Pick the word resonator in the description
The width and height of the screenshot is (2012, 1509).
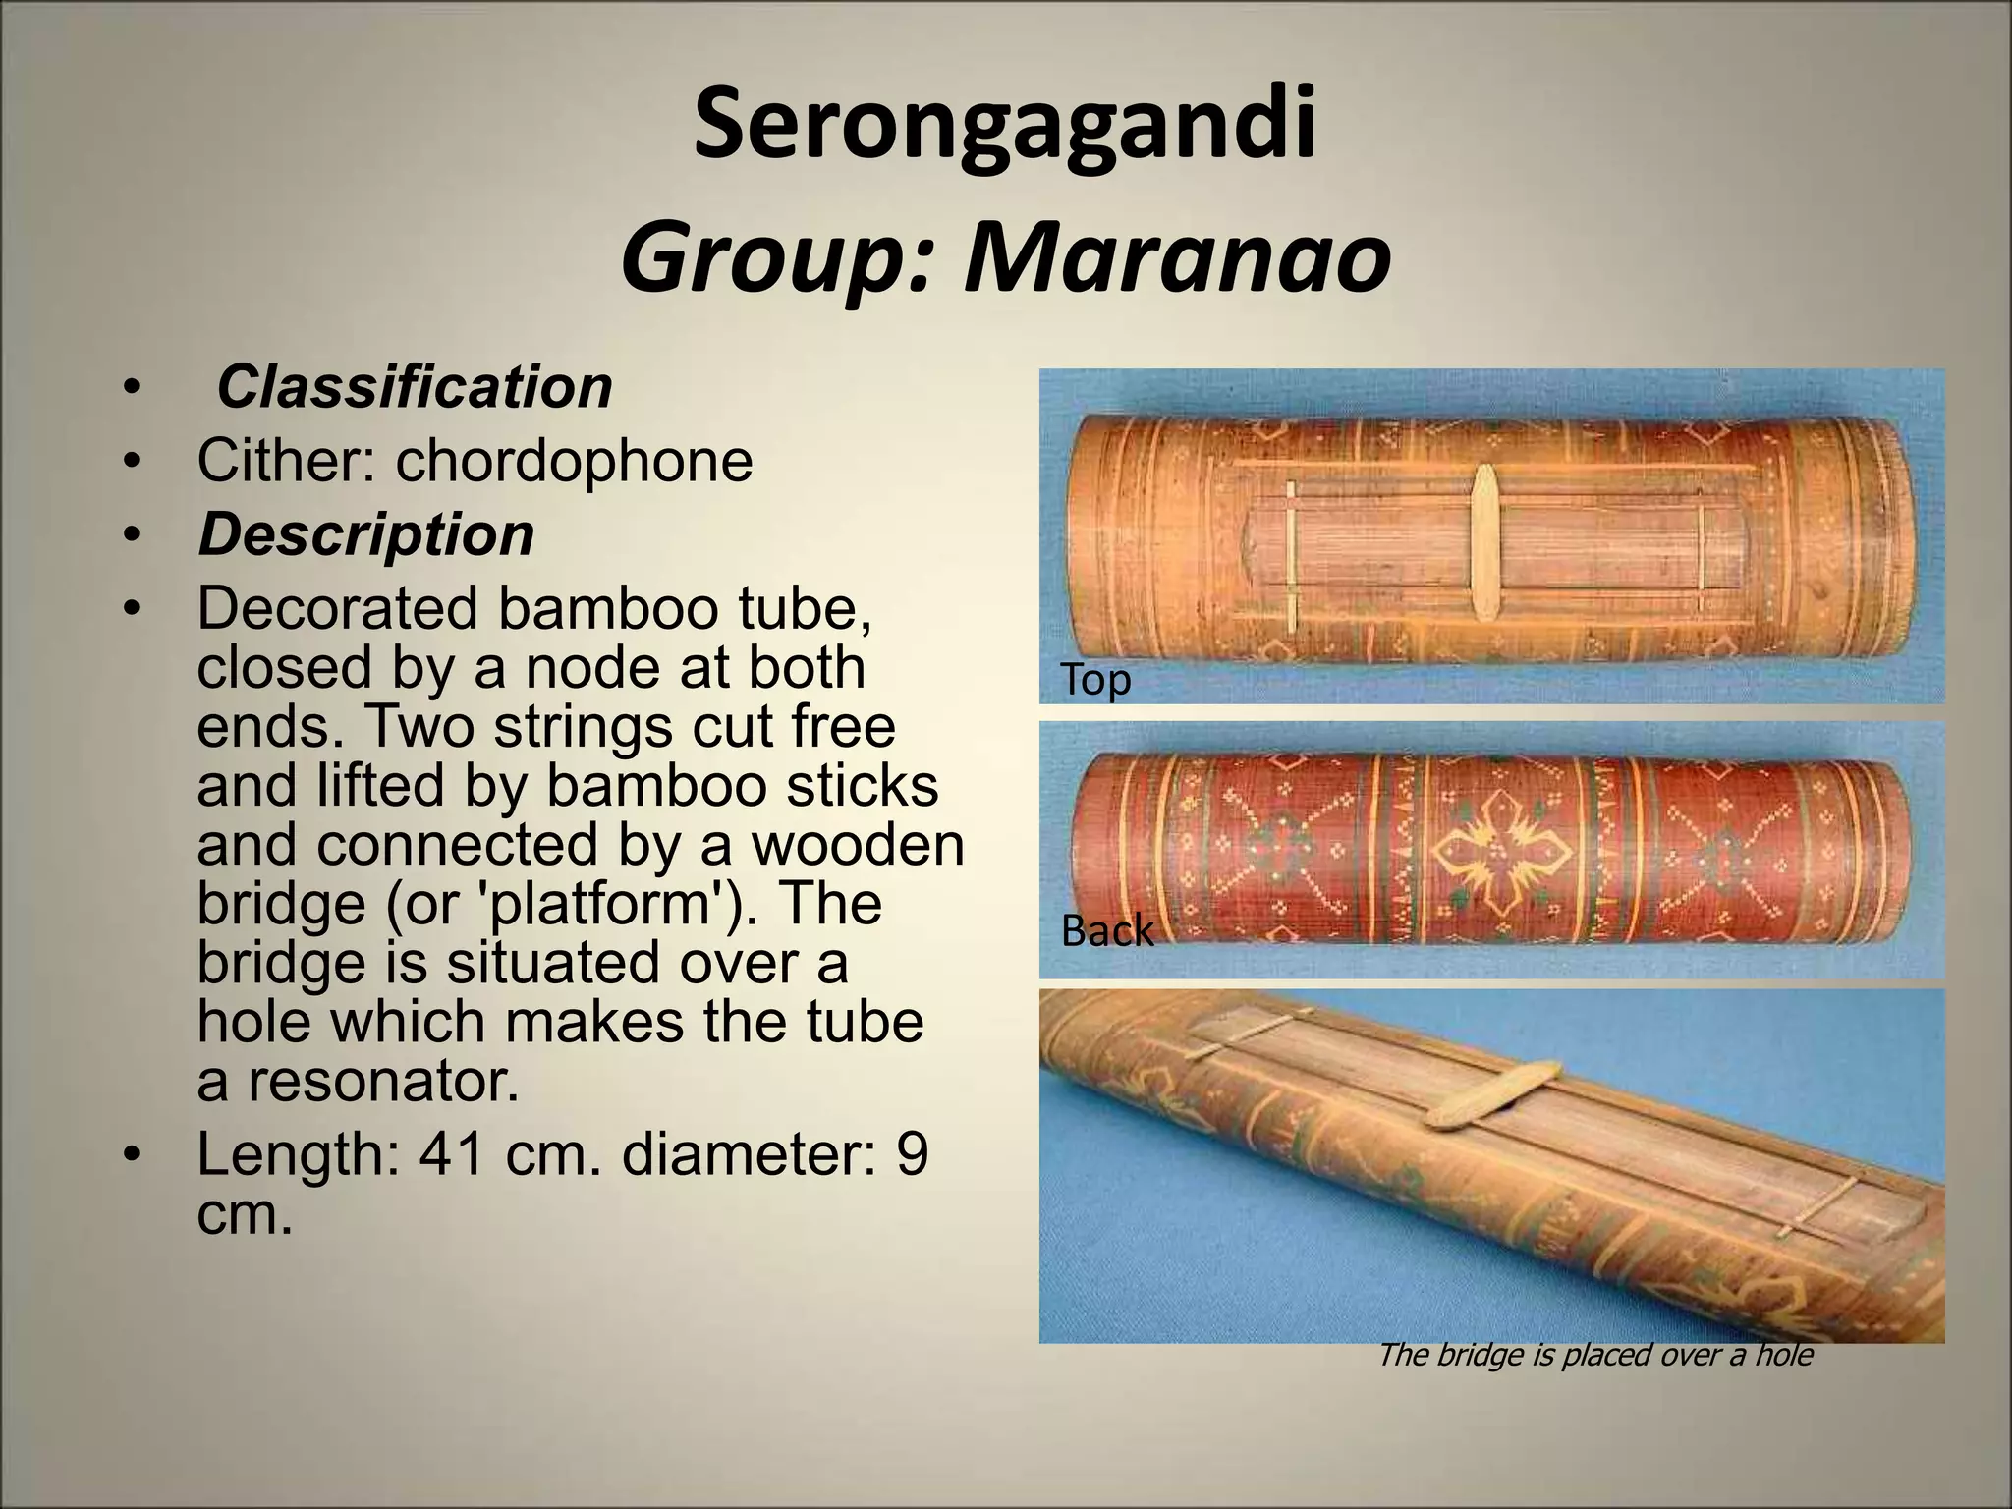[382, 1081]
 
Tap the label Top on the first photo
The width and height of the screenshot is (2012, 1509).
[1095, 680]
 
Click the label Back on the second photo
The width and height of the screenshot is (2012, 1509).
[1107, 930]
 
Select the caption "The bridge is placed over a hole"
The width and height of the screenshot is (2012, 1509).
[1594, 1355]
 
